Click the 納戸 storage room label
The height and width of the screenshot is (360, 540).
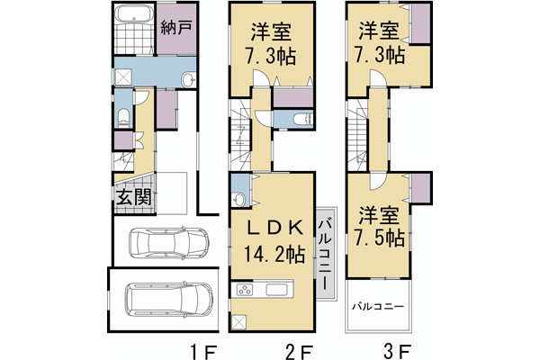(175, 28)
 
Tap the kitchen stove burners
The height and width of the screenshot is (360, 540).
(243, 290)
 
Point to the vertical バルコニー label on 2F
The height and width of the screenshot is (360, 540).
(323, 253)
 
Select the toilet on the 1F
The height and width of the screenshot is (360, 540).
(124, 115)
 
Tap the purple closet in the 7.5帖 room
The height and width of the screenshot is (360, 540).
(420, 188)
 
